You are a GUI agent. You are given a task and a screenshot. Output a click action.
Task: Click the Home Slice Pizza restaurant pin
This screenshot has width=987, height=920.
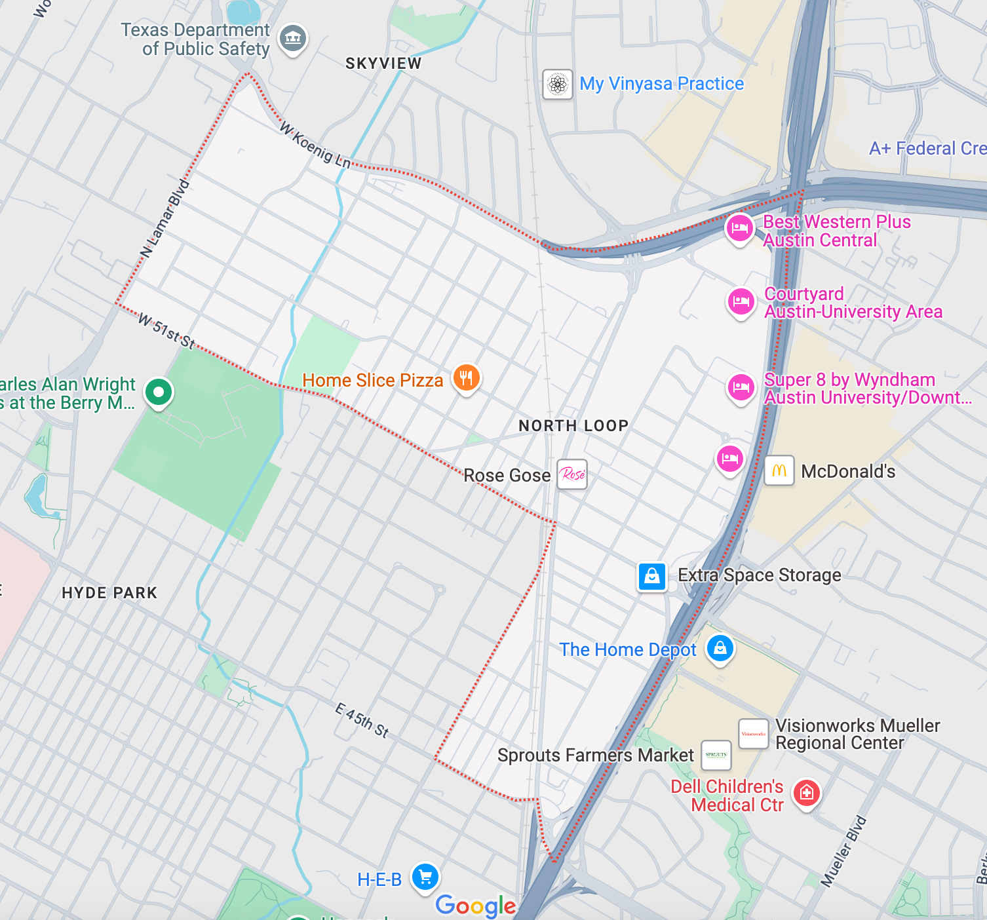click(x=466, y=378)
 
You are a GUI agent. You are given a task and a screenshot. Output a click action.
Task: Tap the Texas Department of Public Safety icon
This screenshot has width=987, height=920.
click(x=293, y=38)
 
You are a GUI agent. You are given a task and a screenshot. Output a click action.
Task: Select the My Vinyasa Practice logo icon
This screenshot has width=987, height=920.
click(x=558, y=84)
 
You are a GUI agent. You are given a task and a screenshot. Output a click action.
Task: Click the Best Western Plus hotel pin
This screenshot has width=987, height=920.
click(x=739, y=229)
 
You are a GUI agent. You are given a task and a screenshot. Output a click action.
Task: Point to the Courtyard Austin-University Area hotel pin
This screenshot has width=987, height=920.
click(x=741, y=301)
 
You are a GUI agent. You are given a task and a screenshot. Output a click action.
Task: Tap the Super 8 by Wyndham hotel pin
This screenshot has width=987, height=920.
click(x=741, y=387)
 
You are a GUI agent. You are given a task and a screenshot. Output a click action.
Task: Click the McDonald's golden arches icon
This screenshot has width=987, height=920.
click(x=779, y=470)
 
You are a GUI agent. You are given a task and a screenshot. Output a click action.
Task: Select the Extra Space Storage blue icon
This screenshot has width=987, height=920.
click(x=652, y=576)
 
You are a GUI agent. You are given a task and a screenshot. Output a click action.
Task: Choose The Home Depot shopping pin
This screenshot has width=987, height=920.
click(x=720, y=649)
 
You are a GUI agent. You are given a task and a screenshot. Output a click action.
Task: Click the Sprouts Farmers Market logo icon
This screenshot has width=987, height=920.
click(x=716, y=755)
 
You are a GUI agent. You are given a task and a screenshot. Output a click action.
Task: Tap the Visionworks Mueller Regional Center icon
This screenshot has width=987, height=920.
click(x=754, y=734)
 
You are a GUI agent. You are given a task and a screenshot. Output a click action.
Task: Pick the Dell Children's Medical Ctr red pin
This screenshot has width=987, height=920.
click(x=807, y=793)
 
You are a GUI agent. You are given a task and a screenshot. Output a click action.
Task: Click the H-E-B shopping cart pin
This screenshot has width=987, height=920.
click(x=425, y=877)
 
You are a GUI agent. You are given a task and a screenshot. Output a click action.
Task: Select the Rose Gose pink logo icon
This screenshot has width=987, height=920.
click(x=572, y=474)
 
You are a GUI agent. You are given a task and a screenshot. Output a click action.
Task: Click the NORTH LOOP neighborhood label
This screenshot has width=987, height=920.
click(x=573, y=426)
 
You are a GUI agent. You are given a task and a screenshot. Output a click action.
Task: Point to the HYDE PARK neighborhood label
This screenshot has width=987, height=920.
click(x=109, y=593)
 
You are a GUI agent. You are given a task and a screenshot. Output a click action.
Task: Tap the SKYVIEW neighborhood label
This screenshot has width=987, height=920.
click(x=383, y=64)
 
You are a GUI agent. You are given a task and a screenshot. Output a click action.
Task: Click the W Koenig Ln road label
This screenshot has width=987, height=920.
click(x=315, y=145)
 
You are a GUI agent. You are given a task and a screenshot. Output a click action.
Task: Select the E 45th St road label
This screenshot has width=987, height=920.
click(x=362, y=720)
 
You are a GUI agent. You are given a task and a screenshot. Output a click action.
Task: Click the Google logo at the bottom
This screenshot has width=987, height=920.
click(x=476, y=905)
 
